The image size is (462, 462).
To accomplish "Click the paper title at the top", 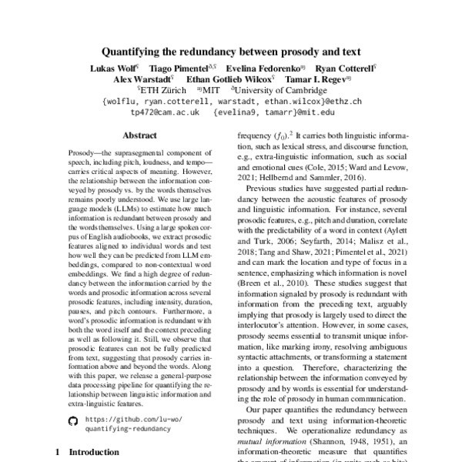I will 231,53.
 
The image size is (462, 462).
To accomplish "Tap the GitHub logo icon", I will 74,421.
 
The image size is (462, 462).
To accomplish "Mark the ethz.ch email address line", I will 230,101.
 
